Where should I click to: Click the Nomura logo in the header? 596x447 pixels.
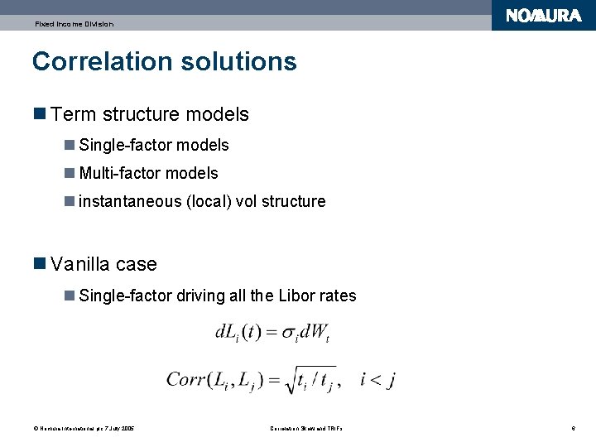click(543, 16)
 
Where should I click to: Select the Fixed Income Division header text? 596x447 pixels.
click(74, 24)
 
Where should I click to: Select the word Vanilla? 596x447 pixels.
click(80, 264)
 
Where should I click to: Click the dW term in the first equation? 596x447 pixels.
click(315, 334)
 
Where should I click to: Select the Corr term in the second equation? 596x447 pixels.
click(186, 379)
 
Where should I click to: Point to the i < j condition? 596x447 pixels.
click(377, 379)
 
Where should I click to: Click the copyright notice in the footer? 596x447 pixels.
click(84, 428)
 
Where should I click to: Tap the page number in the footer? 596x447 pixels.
click(573, 428)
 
